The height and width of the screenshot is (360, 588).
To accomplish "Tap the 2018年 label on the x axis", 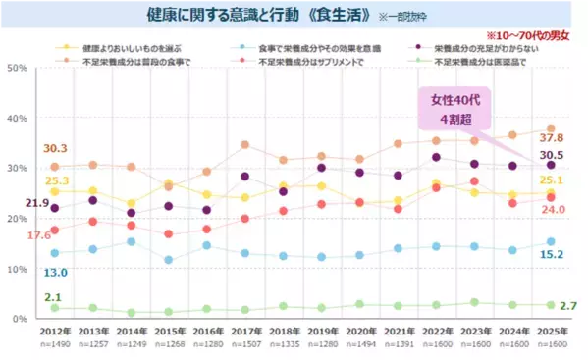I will click(x=283, y=333).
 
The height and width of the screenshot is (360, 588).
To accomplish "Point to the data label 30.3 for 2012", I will click(x=55, y=149).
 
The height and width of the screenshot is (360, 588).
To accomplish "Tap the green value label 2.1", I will click(x=55, y=296).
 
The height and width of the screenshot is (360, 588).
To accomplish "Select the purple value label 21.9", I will click(x=37, y=203).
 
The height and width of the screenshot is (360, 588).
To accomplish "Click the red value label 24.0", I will click(x=554, y=209).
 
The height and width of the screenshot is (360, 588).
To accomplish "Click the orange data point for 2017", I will click(x=244, y=145).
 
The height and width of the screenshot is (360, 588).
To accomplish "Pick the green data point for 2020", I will click(x=359, y=304).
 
